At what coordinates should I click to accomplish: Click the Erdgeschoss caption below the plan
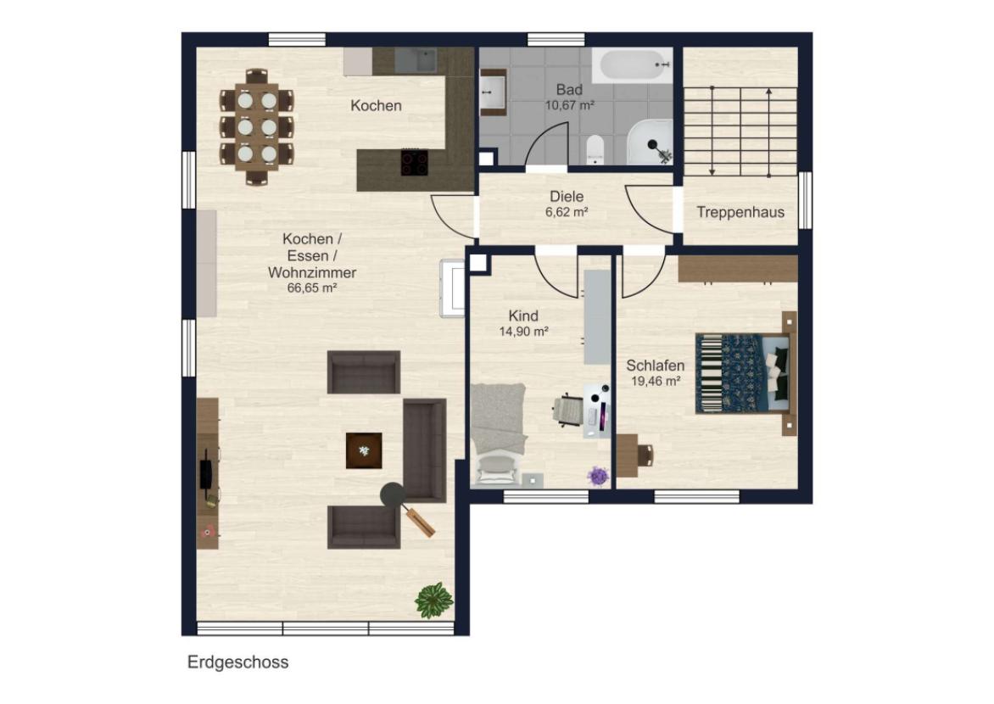click(237, 662)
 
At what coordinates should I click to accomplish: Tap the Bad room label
click(569, 90)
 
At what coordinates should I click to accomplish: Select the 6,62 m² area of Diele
click(567, 212)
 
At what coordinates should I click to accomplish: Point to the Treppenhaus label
click(740, 212)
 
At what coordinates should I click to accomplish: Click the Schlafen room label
click(656, 366)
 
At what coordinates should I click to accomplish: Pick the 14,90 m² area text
click(523, 331)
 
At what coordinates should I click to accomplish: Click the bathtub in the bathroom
click(633, 65)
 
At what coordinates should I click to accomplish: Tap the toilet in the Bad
click(595, 149)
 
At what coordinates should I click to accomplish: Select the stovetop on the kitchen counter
click(414, 162)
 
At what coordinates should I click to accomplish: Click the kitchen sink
click(416, 59)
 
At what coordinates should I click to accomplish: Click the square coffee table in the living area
click(364, 450)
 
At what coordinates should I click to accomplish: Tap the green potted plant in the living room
click(433, 600)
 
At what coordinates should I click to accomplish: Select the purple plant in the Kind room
click(597, 476)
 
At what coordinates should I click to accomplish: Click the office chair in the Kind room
click(567, 408)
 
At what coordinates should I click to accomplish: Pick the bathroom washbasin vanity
click(493, 92)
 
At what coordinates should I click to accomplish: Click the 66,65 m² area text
click(312, 288)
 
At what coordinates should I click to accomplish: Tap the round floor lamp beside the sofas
click(393, 494)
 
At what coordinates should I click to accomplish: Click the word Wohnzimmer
click(312, 273)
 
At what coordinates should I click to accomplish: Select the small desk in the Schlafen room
click(628, 455)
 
